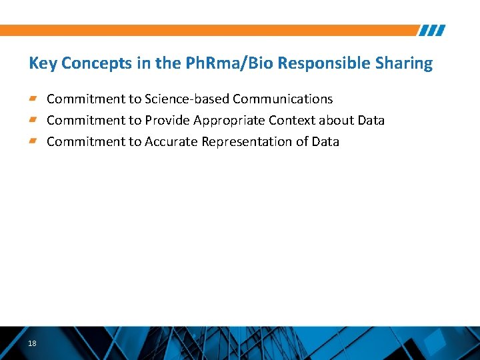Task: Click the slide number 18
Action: click(32, 343)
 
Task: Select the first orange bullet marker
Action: click(33, 99)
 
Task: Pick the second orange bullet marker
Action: click(33, 120)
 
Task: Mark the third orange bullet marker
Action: click(33, 141)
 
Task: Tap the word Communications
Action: click(283, 99)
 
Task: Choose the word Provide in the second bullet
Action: click(167, 121)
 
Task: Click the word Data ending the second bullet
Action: click(371, 121)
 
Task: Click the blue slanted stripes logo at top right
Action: click(432, 31)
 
